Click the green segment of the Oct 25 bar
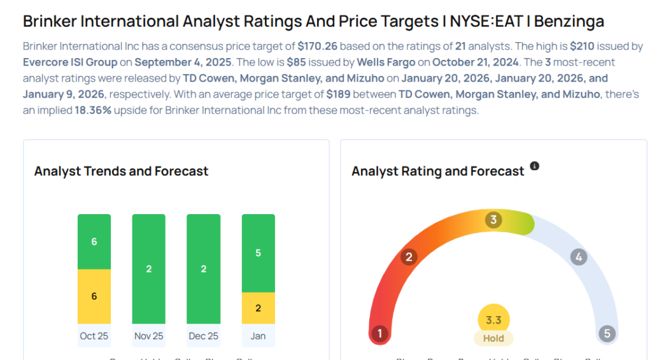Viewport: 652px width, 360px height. coord(94,241)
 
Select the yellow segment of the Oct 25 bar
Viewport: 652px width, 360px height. coord(94,296)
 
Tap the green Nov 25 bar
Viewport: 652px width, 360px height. coord(149,269)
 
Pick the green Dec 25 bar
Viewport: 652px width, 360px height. coord(204,269)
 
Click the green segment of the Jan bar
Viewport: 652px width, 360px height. coord(259,253)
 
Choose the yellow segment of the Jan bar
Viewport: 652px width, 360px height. coord(259,308)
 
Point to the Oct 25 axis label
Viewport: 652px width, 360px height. coord(94,336)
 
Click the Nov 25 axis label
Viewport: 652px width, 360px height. coord(149,336)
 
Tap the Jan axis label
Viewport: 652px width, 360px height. coord(259,336)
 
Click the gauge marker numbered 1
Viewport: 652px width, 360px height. coord(380,334)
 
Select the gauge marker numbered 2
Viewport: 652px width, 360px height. coord(409,257)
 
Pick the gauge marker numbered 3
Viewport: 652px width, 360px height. coord(493,220)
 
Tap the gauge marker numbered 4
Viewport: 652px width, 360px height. coord(578,257)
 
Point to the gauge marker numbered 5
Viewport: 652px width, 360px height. coord(607,334)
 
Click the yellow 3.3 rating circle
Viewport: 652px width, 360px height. coord(493,320)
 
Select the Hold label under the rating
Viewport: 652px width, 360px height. coord(493,338)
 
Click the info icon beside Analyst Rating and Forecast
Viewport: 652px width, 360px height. coord(535,166)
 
